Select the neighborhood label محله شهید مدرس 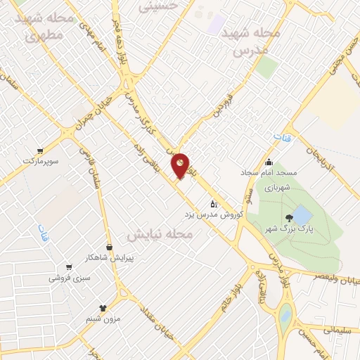click(x=250, y=41)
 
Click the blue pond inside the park click(x=302, y=214)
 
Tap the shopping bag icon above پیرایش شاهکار click(x=110, y=246)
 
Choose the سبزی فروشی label click(x=67, y=278)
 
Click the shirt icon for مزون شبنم click(x=103, y=308)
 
